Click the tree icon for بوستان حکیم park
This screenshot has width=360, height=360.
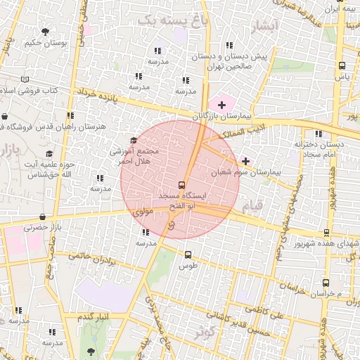pyautogui.click(x=46, y=32)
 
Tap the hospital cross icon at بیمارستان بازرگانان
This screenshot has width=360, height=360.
pyautogui.click(x=222, y=105)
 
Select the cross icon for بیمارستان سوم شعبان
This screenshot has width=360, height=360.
pyautogui.click(x=245, y=161)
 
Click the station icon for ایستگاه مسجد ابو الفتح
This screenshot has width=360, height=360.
pyautogui.click(x=183, y=185)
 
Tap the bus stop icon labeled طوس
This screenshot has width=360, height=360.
pyautogui.click(x=188, y=255)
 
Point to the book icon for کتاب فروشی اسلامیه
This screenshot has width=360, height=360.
pyautogui.click(x=25, y=81)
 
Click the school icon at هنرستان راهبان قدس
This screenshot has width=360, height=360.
pyautogui.click(x=70, y=116)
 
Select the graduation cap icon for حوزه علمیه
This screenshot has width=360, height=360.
pyautogui.click(x=49, y=154)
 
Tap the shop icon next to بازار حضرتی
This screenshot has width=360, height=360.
pyautogui.click(x=44, y=217)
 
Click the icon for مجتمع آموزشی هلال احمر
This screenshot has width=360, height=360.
pyautogui.click(x=134, y=141)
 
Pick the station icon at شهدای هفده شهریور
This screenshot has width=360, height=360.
pyautogui.click(x=326, y=233)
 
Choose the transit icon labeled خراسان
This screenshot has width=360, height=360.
pyautogui.click(x=325, y=283)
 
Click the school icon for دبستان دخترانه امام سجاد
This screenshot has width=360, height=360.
pyautogui.click(x=319, y=134)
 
